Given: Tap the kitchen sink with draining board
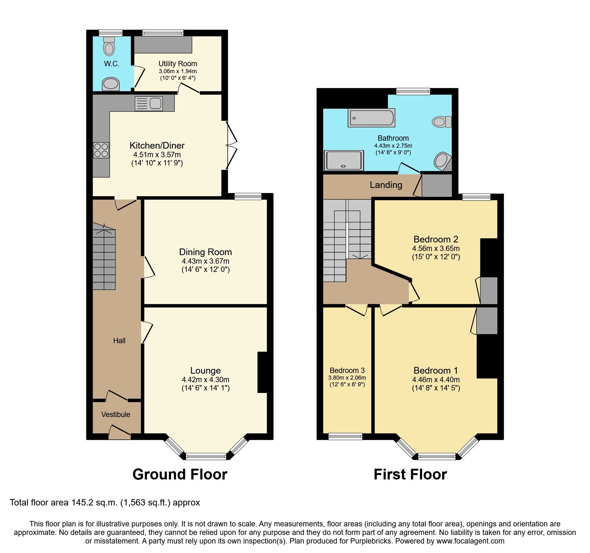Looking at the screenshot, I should coord(149,104).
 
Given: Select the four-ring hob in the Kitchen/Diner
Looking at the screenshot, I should coord(101,150).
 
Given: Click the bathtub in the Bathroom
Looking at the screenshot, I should coord(371,118).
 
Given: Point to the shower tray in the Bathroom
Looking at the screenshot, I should coord(344,160).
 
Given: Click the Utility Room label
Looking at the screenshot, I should coord(178,64).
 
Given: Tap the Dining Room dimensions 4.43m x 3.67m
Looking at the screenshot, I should coord(206,261).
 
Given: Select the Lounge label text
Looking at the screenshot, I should coord(206,370).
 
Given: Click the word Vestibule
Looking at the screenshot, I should coord(116,415).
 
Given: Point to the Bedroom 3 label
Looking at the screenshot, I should coord(347,370).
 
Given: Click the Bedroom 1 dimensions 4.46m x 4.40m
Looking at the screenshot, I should coord(436,379).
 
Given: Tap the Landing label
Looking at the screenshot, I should coord(386,185).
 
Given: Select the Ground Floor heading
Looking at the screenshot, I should coord(180,474).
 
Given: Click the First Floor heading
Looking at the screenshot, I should coord(410,474).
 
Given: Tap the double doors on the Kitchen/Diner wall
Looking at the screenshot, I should coord(231,145).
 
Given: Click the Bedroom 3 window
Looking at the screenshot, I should coord(345,436).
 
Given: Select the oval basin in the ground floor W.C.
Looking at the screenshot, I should coord(111,84).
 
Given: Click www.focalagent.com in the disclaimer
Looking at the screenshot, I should coord(470,541).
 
